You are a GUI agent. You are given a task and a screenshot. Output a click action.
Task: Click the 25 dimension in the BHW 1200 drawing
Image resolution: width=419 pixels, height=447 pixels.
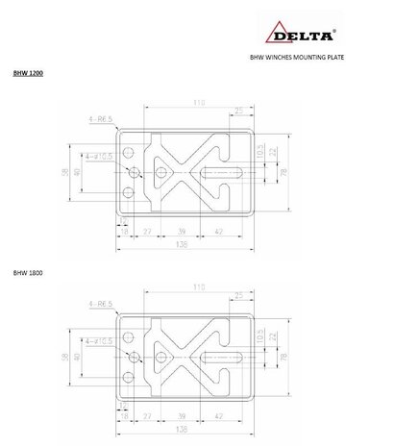[238, 112]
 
